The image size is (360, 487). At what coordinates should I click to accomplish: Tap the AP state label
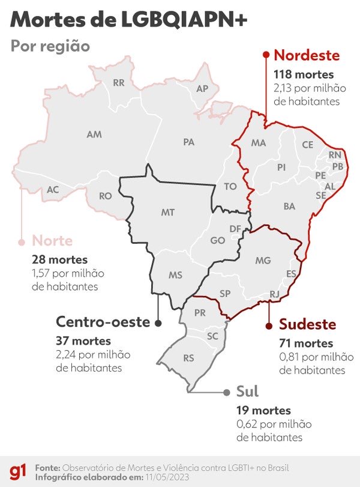pos(203,89)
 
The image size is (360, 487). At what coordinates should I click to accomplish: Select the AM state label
pos(94,135)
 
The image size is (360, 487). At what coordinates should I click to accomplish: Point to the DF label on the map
pos(236,229)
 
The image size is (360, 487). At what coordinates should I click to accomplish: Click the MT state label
pos(168,213)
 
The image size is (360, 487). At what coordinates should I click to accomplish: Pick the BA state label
pos(289,206)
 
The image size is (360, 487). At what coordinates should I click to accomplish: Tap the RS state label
pos(189,358)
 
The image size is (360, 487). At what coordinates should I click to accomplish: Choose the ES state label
pos(291,273)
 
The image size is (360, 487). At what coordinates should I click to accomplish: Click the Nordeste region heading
pos(307,56)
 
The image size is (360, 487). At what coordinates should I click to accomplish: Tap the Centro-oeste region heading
pos(103,322)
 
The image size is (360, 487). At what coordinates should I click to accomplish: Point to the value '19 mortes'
pos(264,411)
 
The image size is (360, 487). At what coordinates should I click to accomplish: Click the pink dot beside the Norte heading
pos(22,242)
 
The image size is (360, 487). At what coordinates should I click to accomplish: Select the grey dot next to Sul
pos(226,392)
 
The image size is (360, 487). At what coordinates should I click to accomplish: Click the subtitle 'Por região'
pos(50,46)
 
